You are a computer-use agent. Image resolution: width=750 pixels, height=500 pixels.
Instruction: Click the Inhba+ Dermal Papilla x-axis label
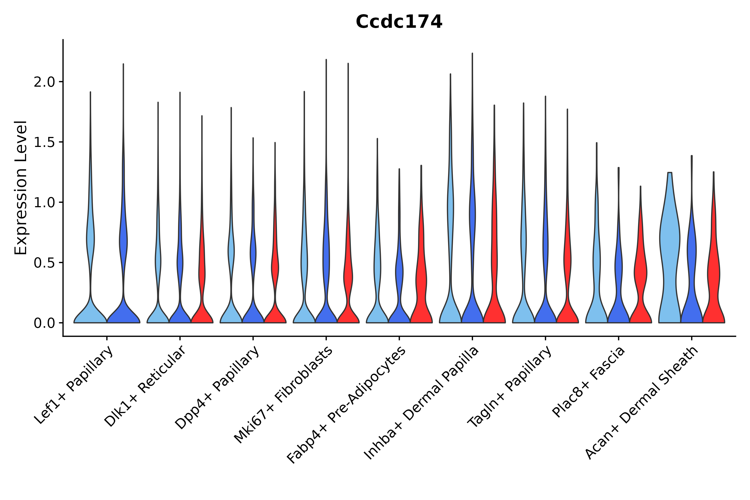click(x=421, y=403)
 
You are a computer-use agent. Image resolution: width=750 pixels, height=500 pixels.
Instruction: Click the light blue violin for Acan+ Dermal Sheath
click(x=669, y=255)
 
